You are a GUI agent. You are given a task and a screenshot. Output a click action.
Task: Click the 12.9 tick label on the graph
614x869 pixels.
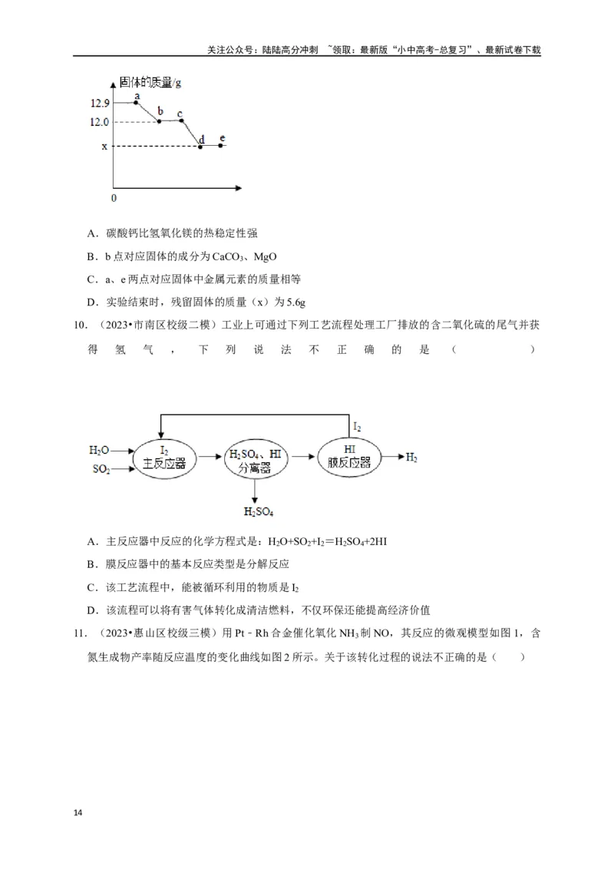[100, 103]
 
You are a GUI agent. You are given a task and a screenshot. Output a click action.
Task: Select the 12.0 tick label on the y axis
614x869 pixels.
[100, 122]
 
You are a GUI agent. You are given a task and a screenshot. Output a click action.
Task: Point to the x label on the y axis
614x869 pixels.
[104, 147]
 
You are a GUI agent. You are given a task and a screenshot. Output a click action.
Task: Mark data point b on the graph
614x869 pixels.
[160, 121]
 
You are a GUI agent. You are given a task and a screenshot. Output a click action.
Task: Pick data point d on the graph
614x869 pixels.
[200, 146]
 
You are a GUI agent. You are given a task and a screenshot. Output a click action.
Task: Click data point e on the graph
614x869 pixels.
[221, 145]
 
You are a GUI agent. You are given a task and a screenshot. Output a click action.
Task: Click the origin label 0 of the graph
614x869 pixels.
[114, 197]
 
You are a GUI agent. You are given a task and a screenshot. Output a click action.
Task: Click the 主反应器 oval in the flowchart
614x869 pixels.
[164, 458]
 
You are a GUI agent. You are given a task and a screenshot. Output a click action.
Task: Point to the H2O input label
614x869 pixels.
[99, 450]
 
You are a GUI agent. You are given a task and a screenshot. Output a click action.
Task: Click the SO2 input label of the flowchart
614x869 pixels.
[101, 468]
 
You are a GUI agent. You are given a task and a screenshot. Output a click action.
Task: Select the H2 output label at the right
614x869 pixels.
[412, 458]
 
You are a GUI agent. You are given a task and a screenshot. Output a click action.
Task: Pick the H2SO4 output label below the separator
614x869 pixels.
[259, 511]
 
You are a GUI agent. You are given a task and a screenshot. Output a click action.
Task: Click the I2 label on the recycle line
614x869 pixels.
[357, 427]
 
